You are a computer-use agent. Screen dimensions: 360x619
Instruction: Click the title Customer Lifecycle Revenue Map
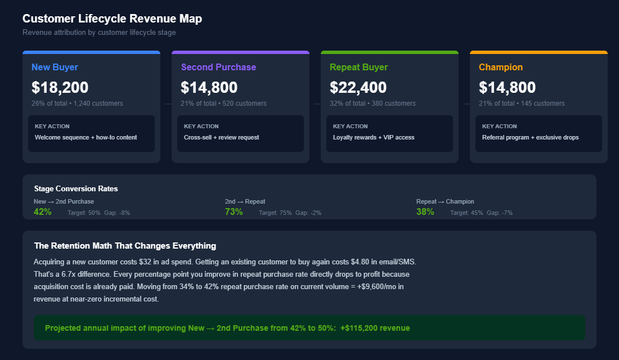click(x=112, y=19)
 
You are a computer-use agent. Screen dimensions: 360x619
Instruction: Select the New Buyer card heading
click(x=55, y=67)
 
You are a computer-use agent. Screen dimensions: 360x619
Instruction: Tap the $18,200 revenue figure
click(x=60, y=87)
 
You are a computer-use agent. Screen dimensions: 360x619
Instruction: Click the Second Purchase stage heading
click(x=218, y=67)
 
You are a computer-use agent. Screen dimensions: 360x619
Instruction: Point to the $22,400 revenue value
click(x=358, y=87)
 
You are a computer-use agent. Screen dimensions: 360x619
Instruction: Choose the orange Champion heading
click(x=500, y=67)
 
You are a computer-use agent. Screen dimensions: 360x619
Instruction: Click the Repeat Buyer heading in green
click(x=358, y=67)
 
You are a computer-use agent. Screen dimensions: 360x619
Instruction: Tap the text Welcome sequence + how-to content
click(x=86, y=137)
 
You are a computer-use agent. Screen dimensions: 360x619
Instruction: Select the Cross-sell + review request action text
click(x=221, y=137)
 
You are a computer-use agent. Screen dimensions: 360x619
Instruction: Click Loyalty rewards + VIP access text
click(x=373, y=137)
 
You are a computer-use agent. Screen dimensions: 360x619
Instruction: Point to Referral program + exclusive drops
click(x=530, y=137)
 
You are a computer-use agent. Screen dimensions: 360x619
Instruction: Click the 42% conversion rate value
click(x=43, y=212)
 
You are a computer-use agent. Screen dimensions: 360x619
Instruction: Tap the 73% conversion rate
click(x=234, y=212)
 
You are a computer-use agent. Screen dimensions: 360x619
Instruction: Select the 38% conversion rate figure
click(x=425, y=212)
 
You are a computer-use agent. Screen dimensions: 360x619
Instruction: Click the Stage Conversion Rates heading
click(x=75, y=189)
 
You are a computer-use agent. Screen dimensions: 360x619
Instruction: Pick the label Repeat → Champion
click(x=445, y=201)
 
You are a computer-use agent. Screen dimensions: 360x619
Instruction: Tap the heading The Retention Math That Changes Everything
click(x=125, y=246)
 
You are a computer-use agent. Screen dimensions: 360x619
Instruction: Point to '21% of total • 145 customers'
click(x=522, y=103)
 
